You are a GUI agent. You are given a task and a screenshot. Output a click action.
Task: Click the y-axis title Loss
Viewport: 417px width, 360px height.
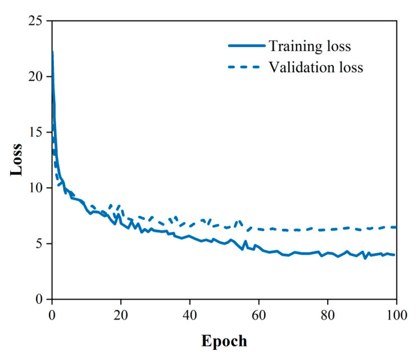point(17,160)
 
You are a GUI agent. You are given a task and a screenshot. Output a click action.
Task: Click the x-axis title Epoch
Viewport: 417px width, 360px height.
point(224,341)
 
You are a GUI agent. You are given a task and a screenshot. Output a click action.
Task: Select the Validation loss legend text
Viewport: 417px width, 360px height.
point(315,67)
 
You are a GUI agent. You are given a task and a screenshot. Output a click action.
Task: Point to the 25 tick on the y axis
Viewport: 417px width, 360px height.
point(37,21)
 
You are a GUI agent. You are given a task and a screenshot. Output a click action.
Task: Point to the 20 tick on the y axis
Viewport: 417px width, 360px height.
point(37,76)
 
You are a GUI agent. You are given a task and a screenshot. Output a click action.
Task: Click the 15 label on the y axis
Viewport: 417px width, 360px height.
point(37,132)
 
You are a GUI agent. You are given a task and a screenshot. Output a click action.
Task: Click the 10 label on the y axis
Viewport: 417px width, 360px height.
point(37,188)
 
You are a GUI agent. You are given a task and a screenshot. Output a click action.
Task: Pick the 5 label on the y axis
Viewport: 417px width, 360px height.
point(40,244)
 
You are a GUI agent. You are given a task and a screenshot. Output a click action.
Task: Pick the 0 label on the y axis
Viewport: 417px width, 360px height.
point(40,299)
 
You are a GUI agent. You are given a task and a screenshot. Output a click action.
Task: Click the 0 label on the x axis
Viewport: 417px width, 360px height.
point(52,314)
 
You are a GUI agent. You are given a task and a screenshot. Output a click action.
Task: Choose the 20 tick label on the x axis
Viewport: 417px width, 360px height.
point(121,314)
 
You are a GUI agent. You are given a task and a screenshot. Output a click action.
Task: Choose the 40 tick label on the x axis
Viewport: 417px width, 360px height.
point(190,314)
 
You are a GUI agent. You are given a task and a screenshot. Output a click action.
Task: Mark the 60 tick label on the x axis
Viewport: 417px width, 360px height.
point(259,314)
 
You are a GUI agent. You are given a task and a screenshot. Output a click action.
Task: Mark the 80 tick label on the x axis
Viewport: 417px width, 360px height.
point(328,314)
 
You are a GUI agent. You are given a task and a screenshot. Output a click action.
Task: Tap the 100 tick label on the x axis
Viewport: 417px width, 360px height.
point(396,314)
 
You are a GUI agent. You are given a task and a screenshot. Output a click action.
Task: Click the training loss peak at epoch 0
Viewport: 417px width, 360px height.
point(52,52)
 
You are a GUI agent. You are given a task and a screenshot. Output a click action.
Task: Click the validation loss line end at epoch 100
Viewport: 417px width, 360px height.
point(396,227)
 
